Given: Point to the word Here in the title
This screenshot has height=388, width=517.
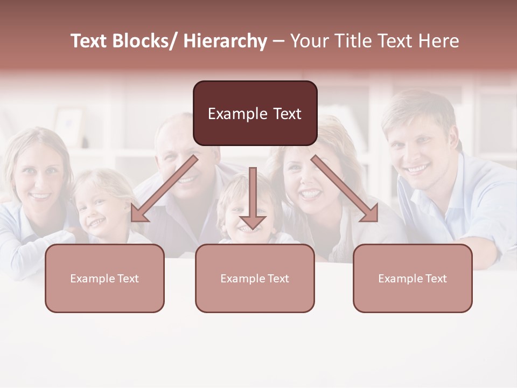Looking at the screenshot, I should [439, 41].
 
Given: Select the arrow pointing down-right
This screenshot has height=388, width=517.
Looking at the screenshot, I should [345, 189].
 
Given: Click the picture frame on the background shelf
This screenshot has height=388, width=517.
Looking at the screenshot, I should [69, 126].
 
